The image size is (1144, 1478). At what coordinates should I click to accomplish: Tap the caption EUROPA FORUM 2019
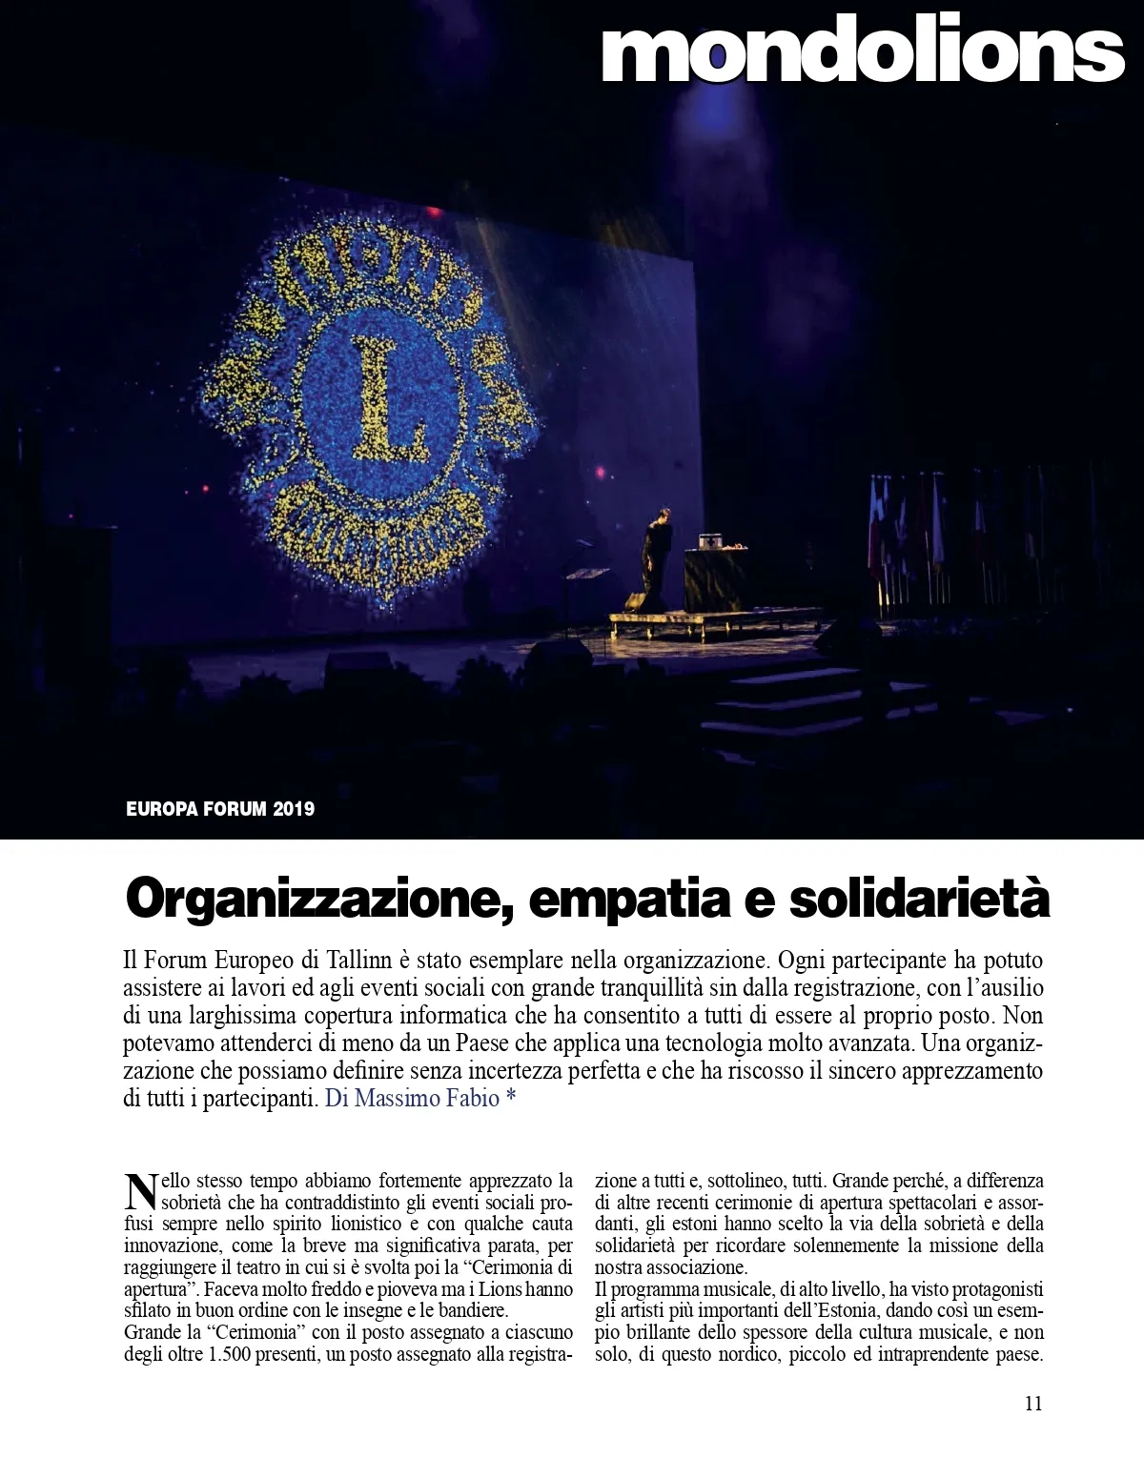tap(220, 809)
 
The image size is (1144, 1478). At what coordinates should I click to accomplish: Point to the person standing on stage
tap(656, 552)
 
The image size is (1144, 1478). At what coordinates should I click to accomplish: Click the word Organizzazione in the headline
tap(314, 899)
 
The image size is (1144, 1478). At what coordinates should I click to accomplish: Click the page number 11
tap(1033, 1403)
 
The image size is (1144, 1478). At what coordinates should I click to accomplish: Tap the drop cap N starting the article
tap(139, 1190)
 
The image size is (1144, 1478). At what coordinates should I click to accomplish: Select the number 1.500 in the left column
tap(229, 1354)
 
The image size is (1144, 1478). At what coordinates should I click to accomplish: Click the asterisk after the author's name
tap(511, 1098)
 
